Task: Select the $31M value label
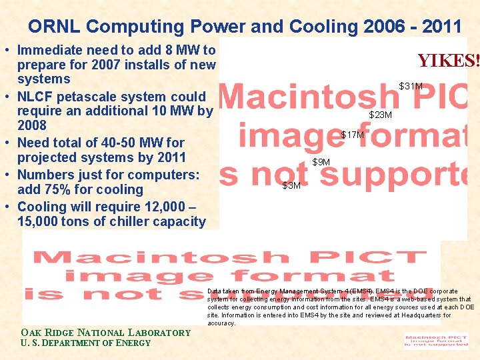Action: (411, 86)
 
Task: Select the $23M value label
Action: (381, 115)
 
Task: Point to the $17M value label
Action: (353, 135)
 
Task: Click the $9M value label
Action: (321, 162)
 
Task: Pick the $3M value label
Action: (291, 185)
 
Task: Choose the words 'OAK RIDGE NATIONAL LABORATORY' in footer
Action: (105, 333)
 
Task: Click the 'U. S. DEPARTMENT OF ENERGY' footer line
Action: (86, 343)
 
